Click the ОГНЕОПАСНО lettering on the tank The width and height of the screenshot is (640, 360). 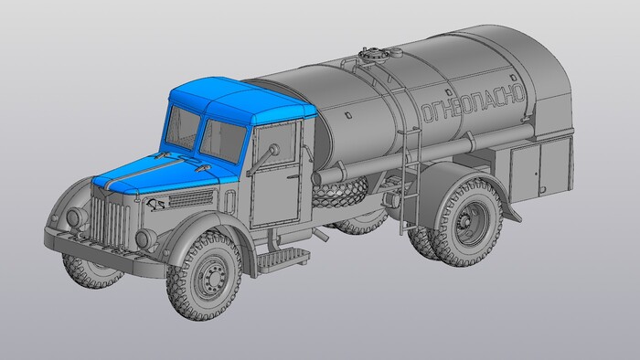click(473, 102)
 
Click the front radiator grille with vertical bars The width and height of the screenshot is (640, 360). click(110, 220)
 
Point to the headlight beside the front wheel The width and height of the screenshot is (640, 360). click(145, 238)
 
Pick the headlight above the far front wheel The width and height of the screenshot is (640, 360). click(77, 217)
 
